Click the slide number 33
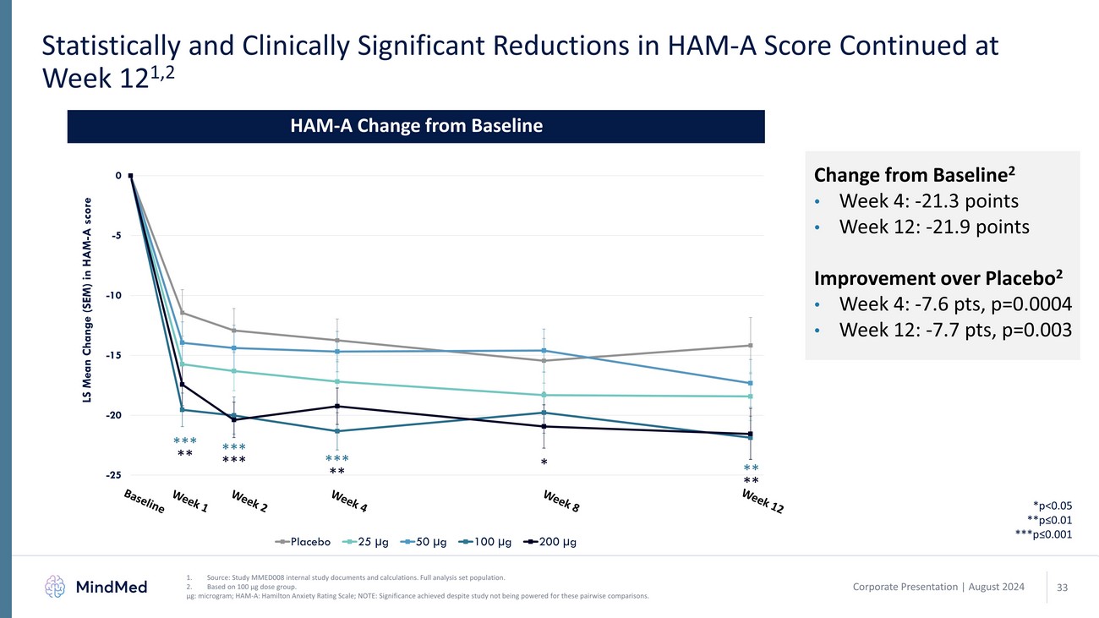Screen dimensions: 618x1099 click(1063, 586)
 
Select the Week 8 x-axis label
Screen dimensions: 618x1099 click(560, 501)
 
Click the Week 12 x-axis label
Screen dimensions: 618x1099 click(763, 501)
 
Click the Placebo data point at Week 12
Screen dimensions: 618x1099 click(750, 345)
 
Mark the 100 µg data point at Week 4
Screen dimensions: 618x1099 click(337, 431)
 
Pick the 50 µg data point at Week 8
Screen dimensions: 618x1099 click(544, 351)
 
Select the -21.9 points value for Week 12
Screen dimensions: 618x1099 click(973, 228)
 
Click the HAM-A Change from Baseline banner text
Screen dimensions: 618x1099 click(416, 127)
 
